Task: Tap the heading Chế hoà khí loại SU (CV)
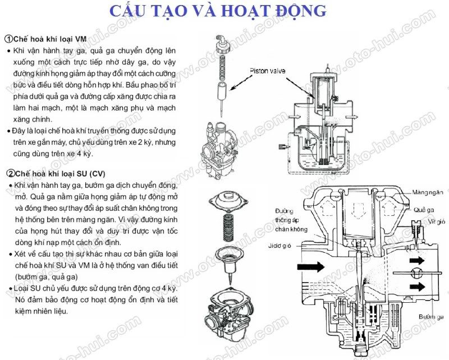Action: (x=59, y=173)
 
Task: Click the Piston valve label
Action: (x=266, y=72)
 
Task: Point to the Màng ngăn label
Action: (x=429, y=192)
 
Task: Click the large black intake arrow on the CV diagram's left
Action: (x=311, y=267)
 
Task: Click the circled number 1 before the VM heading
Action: (x=8, y=39)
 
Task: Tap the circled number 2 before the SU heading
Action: (x=8, y=173)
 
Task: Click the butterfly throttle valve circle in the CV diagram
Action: (x=416, y=274)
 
